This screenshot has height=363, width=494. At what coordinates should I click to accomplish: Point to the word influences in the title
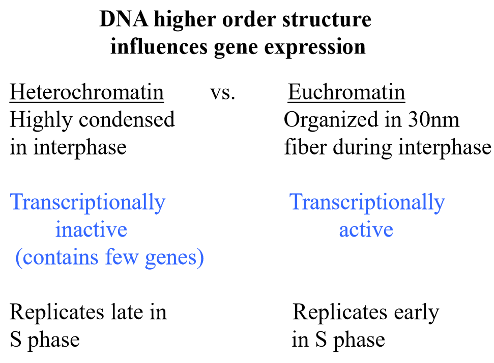(x=157, y=46)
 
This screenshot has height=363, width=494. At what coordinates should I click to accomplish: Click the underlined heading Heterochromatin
(x=87, y=93)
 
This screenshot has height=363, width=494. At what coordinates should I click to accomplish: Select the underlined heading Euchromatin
(x=346, y=93)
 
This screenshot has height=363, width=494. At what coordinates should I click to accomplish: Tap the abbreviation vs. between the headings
(x=222, y=93)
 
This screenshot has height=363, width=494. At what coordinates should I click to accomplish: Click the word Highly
(x=41, y=121)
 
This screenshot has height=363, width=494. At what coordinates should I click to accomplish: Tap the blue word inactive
(x=91, y=229)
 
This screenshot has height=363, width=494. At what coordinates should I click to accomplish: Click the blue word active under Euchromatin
(x=366, y=229)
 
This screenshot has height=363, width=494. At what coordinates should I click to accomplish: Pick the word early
(x=416, y=313)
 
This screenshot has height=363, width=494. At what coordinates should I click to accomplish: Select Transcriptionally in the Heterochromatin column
(x=88, y=203)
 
